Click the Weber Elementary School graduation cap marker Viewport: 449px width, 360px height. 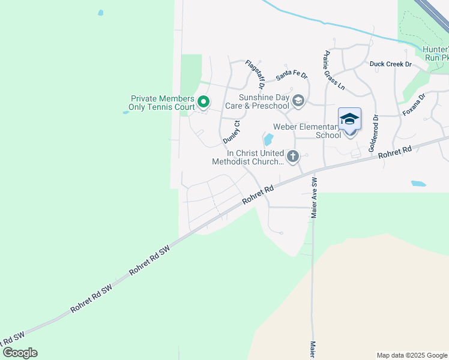point(349,119)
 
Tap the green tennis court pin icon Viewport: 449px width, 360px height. point(203,103)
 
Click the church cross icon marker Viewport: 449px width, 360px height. point(293,157)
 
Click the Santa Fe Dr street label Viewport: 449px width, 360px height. point(291,77)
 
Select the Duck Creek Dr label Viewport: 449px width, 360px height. point(390,64)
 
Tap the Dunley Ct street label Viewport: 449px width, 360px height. point(232,132)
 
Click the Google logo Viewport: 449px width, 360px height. point(19,353)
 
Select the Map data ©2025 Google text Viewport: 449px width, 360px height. point(411,355)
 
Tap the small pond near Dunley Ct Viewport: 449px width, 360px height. point(269,140)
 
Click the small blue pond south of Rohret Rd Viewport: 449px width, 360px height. point(417,184)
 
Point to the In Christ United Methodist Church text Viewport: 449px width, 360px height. point(249,157)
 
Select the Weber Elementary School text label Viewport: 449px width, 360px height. point(307,131)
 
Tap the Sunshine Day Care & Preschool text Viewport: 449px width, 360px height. point(264,101)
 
